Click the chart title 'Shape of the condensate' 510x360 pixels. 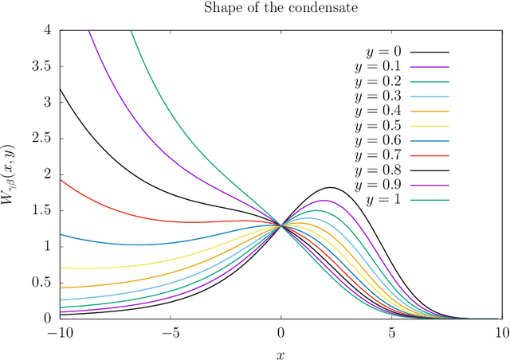[x=280, y=9]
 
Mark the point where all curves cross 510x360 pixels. [x=280, y=225]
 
